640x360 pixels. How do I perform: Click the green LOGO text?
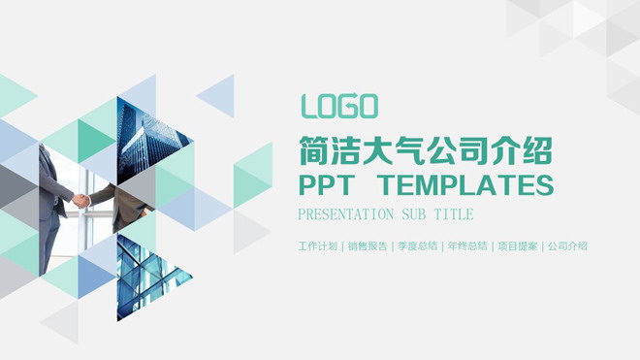click(x=339, y=106)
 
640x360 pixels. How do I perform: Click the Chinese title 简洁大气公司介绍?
click(x=427, y=151)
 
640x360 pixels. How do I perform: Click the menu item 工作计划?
click(x=318, y=246)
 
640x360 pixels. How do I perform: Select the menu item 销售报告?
click(x=368, y=246)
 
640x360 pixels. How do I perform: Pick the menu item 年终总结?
click(x=467, y=246)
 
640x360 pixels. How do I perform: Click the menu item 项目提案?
click(x=517, y=246)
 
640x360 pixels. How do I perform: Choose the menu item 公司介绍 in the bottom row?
click(x=567, y=246)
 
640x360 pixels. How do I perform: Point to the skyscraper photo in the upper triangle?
click(x=136, y=136)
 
